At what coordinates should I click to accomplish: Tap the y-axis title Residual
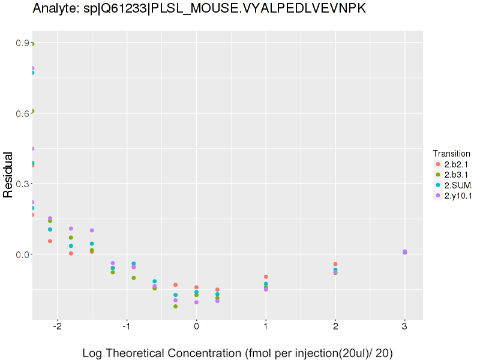8,175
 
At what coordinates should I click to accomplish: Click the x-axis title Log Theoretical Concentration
238,353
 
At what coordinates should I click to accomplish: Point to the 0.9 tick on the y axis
23,43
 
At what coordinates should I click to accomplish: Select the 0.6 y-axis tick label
23,113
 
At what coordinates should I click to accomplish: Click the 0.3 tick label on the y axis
23,184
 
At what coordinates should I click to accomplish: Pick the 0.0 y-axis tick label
23,254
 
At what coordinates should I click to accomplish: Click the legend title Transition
451,154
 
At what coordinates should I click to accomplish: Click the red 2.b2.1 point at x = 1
266,277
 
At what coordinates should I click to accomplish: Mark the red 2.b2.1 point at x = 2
335,264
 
